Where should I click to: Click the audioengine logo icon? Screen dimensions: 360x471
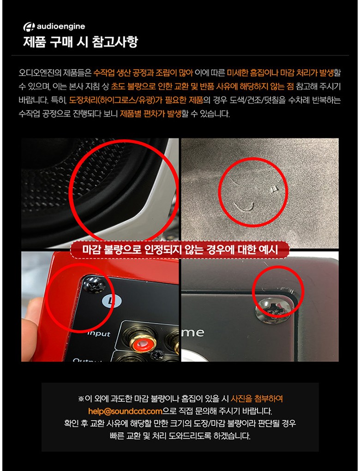pos(29,27)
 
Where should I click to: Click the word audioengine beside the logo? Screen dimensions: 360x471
pos(61,27)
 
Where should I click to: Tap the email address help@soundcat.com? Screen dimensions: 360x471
pos(125,411)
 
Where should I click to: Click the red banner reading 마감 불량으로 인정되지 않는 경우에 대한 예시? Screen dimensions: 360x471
pos(180,250)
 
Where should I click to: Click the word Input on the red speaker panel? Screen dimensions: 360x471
pos(99,334)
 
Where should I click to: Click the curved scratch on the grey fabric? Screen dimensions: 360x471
pos(244,206)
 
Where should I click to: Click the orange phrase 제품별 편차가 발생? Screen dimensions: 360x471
pos(150,114)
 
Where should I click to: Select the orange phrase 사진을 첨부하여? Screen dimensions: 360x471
pos(257,399)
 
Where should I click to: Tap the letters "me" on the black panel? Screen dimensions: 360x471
pos(193,333)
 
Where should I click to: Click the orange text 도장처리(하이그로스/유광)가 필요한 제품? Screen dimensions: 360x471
pos(136,100)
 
